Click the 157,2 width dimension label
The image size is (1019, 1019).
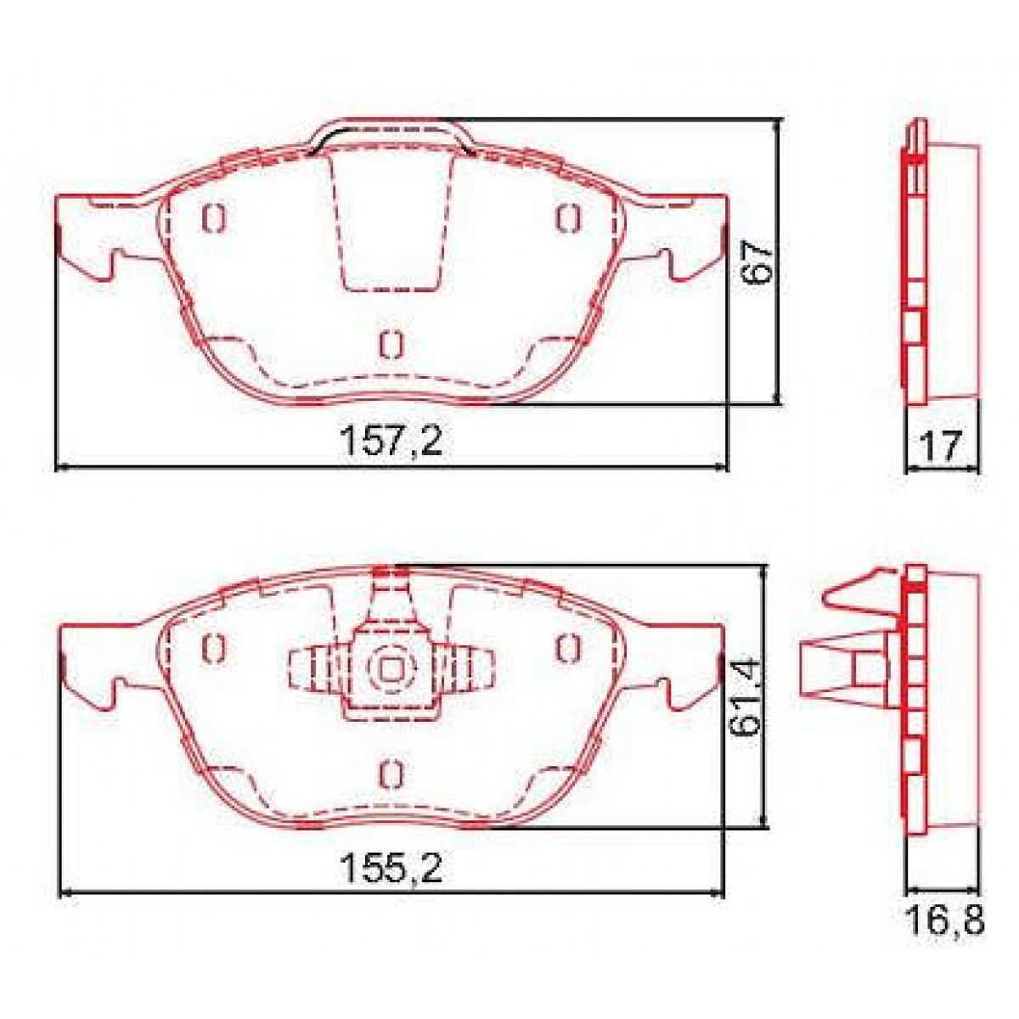[391, 442]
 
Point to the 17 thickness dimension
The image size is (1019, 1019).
[942, 445]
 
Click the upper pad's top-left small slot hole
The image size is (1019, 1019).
[212, 218]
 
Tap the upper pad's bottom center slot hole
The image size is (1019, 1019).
[390, 343]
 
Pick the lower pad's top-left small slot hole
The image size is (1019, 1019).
[212, 648]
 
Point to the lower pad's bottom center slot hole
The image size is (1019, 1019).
[390, 772]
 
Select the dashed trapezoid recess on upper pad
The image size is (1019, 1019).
[391, 221]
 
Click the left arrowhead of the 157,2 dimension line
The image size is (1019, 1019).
[59, 466]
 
